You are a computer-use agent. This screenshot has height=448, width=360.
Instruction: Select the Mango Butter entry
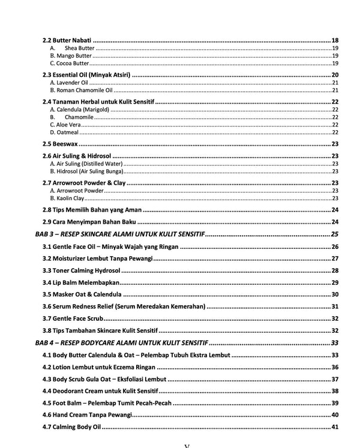71,56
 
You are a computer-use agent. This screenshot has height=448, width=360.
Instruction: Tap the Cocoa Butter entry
70,64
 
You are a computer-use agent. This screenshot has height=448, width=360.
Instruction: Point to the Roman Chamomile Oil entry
81,90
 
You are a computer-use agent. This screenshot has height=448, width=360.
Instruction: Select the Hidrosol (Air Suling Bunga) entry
86,171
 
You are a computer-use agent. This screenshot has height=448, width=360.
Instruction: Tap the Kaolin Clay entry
67,198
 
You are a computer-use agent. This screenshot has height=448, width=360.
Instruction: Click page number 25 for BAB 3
335,234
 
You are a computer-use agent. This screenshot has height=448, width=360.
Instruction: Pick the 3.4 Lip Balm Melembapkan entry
82,282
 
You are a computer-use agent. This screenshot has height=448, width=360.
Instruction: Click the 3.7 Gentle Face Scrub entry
73,318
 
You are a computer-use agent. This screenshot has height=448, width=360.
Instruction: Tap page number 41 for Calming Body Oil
335,427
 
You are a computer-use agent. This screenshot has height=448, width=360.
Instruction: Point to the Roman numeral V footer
186,445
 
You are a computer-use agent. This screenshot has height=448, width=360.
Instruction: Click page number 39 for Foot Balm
335,403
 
